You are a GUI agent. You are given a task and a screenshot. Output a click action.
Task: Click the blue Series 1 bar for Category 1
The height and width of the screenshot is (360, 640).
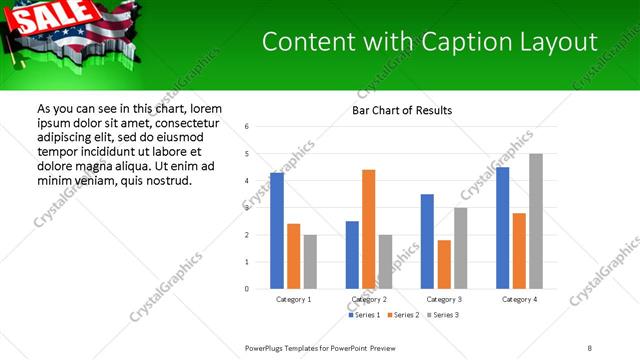tap(277, 231)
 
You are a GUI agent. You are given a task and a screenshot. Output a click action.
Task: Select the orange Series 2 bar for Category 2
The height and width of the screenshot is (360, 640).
tap(368, 229)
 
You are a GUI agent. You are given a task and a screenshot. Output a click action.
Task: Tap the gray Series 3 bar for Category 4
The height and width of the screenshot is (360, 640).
tap(536, 221)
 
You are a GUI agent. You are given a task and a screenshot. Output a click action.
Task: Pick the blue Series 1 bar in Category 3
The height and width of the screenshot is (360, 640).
tap(427, 241)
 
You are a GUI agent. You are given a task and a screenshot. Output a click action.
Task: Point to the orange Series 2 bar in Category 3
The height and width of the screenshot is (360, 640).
tap(444, 264)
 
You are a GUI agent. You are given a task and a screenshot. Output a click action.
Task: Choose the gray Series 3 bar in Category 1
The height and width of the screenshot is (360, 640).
tap(310, 262)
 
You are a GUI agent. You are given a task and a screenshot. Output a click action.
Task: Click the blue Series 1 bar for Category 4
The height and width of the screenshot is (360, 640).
tap(503, 228)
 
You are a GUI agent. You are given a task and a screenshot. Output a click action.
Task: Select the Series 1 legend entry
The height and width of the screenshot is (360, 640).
tap(365, 316)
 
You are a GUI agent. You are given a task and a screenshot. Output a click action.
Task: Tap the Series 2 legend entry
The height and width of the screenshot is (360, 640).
tap(402, 316)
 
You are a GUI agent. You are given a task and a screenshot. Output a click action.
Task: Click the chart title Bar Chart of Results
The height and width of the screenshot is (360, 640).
tap(402, 110)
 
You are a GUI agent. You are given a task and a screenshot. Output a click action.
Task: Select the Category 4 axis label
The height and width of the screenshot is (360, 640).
tap(519, 300)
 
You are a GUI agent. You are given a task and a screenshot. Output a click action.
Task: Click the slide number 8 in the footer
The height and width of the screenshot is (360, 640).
tap(589, 347)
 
